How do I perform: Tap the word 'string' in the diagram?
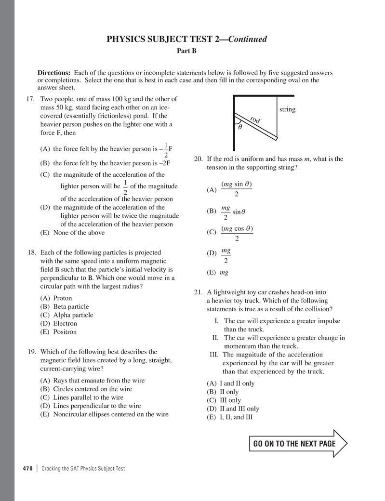pos(287,109)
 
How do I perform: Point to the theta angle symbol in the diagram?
pos(240,128)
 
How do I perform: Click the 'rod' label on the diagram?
pos(255,120)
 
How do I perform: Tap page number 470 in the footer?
pos(27,468)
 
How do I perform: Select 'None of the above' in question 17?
pos(72,232)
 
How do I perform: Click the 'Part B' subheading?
pos(188,50)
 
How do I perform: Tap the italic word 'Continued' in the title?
pos(247,39)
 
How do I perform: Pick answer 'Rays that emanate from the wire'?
pos(93,380)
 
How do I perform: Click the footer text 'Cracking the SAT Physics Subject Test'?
pos(83,468)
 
